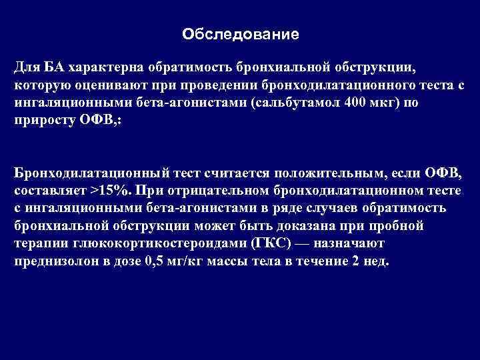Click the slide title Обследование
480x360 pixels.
pyautogui.click(x=241, y=33)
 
